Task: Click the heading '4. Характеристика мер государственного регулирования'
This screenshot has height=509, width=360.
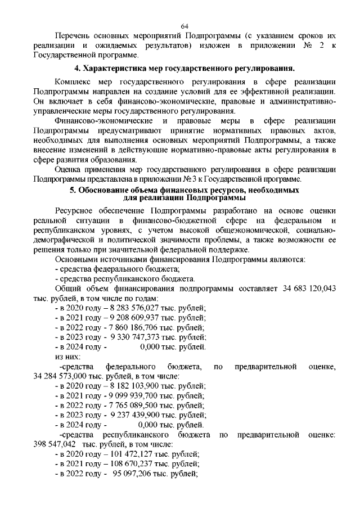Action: (185, 69)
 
